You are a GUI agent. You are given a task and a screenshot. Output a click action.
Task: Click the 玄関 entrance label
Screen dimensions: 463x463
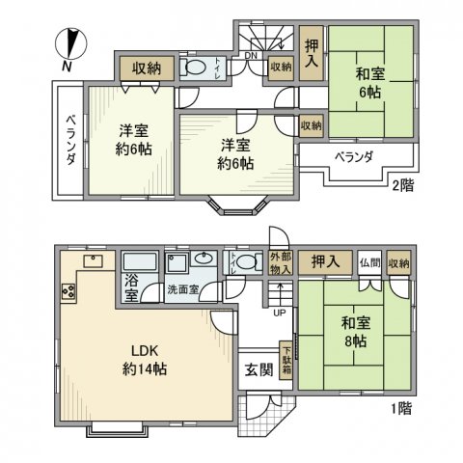256,369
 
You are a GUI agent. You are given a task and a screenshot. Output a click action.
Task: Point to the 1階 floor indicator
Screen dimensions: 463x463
401,409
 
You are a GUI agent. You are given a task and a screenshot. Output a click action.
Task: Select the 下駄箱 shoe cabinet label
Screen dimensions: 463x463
286,362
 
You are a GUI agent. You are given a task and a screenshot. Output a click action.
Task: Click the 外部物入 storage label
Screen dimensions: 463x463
279,261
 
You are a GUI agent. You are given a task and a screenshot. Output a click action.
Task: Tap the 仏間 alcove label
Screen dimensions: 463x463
368,262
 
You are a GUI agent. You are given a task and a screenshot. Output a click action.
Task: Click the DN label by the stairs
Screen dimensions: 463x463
250,56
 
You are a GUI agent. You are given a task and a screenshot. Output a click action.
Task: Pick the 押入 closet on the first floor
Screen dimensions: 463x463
325,261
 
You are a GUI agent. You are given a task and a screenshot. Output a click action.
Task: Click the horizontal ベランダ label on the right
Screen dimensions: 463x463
354,156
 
